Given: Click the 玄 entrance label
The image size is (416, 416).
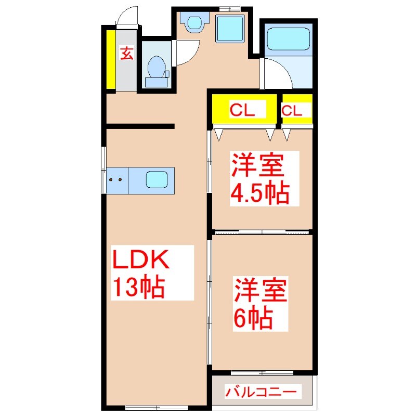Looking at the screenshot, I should point(127,53).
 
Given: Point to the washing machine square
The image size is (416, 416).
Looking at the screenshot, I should point(230,30).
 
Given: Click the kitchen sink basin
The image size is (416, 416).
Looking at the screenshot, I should point(157,180).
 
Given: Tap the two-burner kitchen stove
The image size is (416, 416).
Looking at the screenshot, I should point(116,180).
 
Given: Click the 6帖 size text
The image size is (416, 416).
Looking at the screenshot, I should point(253,317).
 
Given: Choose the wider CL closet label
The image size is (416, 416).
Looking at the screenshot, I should point(242,110).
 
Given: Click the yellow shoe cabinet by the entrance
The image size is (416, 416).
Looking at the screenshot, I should point(111,60).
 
